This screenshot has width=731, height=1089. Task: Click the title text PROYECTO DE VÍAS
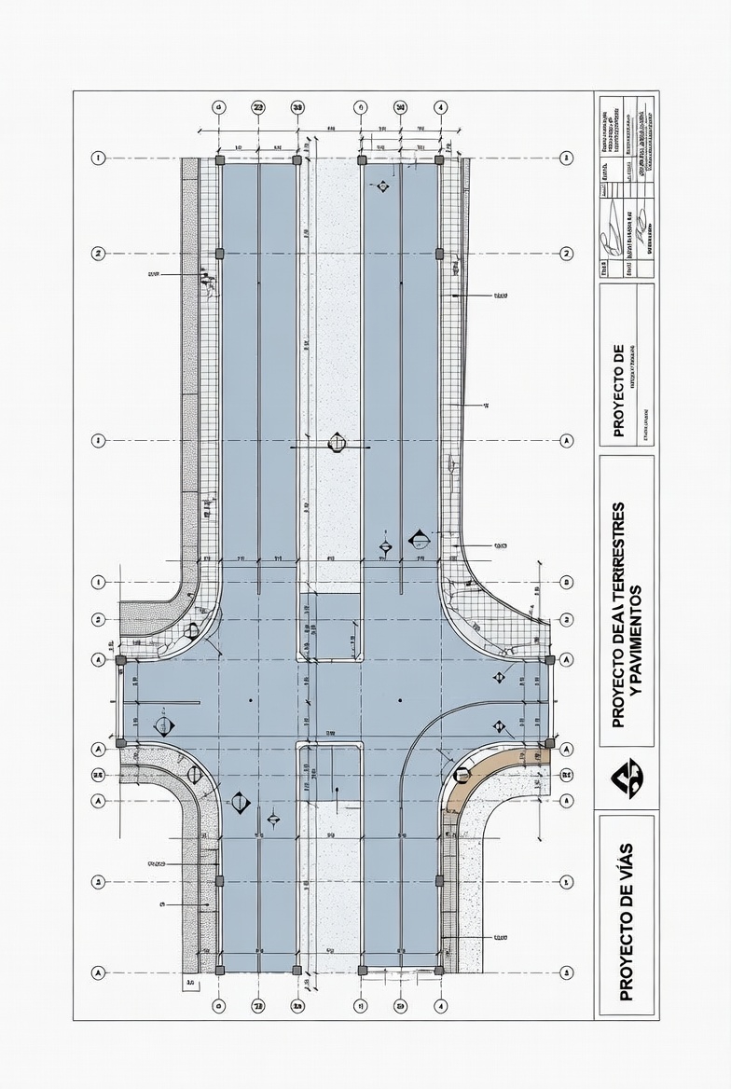(626, 920)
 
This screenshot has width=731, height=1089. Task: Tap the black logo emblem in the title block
(626, 778)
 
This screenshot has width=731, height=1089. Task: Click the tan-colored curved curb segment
(489, 767)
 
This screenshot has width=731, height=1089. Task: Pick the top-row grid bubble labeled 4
(441, 107)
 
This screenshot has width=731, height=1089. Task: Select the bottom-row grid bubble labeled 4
(441, 1007)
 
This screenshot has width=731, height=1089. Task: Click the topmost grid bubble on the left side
(98, 158)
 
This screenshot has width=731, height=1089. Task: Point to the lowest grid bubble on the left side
(98, 972)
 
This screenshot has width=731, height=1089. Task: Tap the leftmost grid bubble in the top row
(219, 107)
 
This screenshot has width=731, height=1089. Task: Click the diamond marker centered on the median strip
(337, 445)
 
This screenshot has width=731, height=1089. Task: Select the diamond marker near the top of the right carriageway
(381, 186)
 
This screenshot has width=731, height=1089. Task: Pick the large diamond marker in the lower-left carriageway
(240, 801)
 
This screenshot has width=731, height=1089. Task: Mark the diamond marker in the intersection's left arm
(166, 726)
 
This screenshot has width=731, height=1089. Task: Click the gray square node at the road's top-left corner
(220, 160)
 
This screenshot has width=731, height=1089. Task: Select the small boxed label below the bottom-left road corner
(190, 982)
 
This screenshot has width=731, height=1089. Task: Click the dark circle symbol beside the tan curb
(462, 775)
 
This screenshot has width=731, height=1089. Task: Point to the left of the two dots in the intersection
(251, 699)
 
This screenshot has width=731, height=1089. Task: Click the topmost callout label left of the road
(154, 275)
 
